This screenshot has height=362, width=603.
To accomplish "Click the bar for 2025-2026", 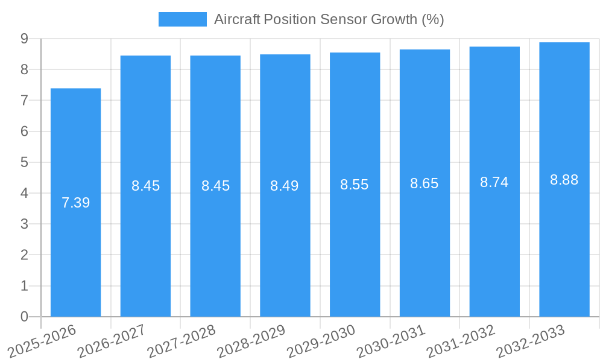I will coord(75,202).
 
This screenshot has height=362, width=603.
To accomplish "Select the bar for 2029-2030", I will coord(355,184).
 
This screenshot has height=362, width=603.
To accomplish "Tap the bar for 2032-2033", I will coord(564,179).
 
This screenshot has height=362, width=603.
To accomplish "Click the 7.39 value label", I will coord(75,203).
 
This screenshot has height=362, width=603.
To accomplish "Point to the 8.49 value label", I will coord(285,186).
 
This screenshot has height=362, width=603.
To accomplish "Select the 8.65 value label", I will coord(425,183).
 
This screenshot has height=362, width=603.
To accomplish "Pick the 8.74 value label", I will coord(494,182).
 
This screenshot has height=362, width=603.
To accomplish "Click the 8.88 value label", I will coord(564,180).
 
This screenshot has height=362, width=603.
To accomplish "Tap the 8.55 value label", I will coord(355,185).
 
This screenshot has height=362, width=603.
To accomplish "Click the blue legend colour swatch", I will coord(182,19).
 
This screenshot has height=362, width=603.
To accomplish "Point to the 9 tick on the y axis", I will coord(25,39).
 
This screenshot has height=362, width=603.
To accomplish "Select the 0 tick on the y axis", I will coord(25,317).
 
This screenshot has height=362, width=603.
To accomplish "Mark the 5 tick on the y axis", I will coord(25,162).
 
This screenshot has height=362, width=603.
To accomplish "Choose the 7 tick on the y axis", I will coord(25,101).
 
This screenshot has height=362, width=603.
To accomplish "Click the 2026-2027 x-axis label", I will coord(112,341).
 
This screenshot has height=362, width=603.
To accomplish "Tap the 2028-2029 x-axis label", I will coord(251,341).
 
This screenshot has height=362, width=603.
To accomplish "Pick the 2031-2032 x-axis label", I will coord(461,341).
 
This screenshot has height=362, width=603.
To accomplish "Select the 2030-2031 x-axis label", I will coord(391,341).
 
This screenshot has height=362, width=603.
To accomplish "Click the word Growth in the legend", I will coord(393,19).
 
